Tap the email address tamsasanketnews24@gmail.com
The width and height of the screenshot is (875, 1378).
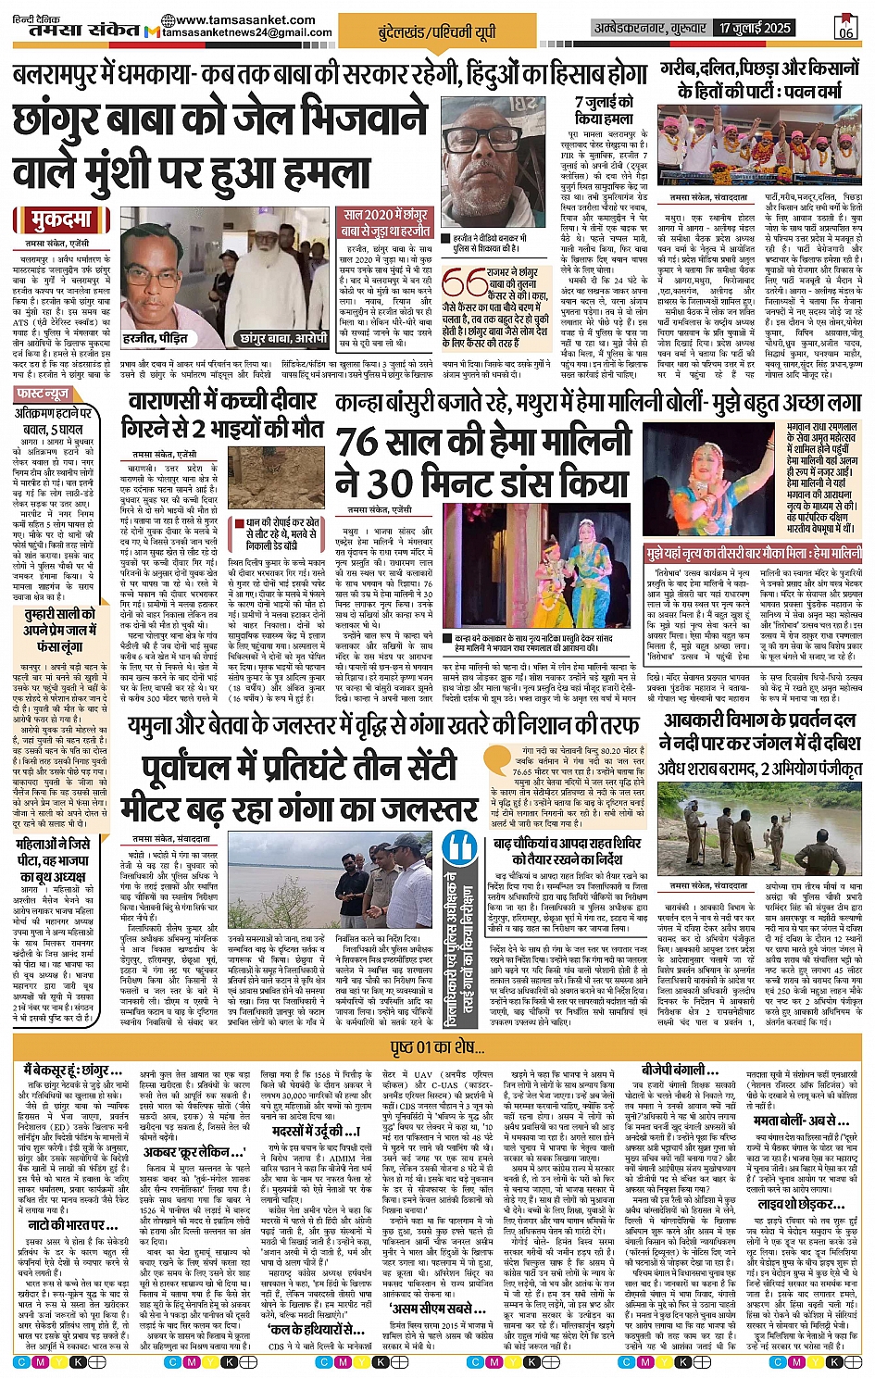click(246, 33)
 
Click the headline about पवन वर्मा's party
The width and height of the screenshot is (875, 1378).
click(758, 80)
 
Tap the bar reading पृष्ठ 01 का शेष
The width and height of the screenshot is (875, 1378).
click(437, 1047)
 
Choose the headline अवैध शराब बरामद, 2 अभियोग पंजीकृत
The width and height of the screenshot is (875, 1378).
click(759, 768)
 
